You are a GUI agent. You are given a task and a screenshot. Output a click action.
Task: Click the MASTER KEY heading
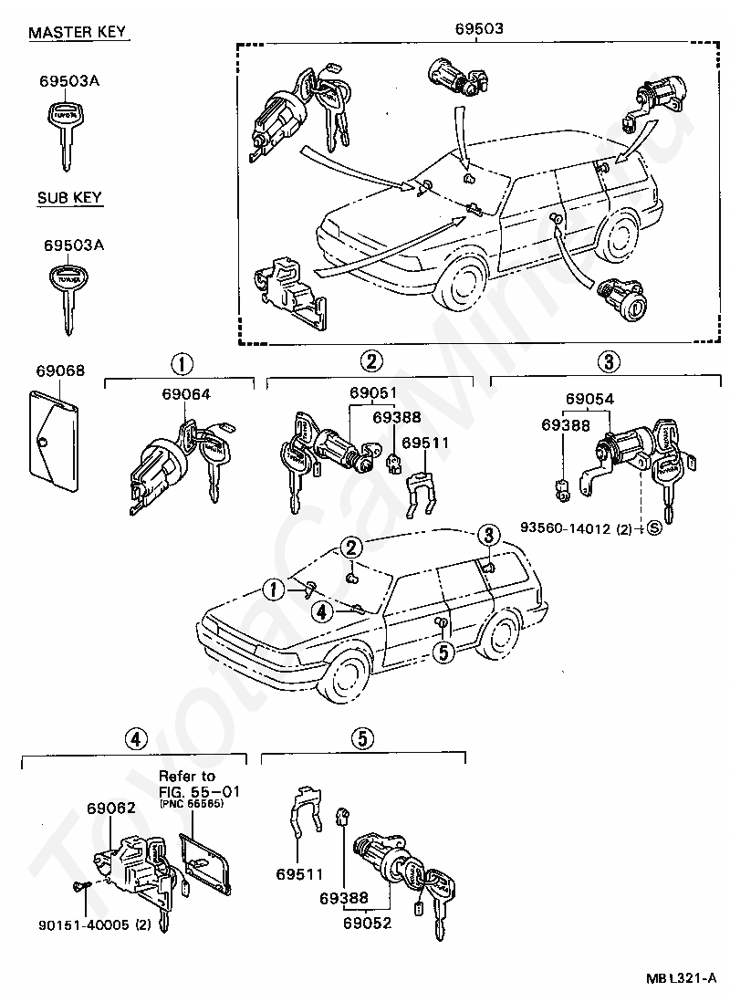click(78, 33)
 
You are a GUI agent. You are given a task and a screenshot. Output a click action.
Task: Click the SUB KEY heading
click(69, 197)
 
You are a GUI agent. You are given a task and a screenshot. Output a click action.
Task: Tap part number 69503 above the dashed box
click(479, 28)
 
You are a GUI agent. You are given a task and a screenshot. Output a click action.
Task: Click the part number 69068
click(60, 371)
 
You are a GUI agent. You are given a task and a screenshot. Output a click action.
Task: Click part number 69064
click(186, 395)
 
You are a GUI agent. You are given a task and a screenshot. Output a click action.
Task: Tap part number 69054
click(589, 399)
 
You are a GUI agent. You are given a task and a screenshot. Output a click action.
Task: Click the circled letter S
click(654, 529)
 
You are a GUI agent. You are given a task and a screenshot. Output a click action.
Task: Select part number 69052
click(368, 924)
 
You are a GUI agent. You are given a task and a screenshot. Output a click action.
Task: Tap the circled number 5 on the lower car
click(443, 652)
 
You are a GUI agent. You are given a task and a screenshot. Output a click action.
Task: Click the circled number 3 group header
click(607, 361)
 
